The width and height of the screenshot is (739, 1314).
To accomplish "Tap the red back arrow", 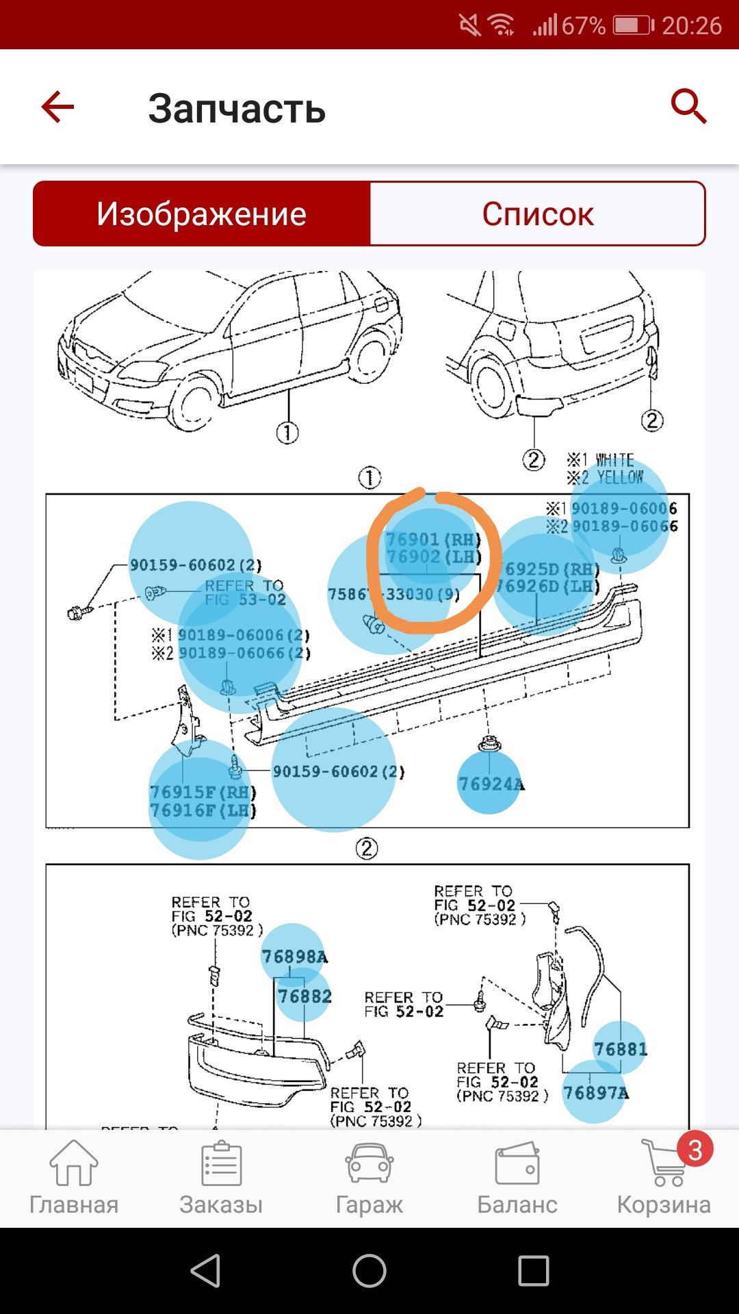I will coord(57,107).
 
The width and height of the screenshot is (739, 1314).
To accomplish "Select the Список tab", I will coord(537,214).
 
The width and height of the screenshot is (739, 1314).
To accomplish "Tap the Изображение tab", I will coord(201,214).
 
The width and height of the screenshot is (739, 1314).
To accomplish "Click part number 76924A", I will coord(490,784).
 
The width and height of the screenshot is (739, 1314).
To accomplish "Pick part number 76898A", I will coord(294,956).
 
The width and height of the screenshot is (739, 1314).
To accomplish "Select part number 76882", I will coord(304,996).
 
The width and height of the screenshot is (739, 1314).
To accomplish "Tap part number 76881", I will coord(620,1048).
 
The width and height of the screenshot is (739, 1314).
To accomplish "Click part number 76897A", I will coord(595,1093).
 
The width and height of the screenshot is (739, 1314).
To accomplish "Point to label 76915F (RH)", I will coord(203,792).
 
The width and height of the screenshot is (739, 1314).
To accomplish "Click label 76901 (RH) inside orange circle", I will coord(432,539).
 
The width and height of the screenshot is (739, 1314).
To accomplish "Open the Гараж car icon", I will coord(369,1163).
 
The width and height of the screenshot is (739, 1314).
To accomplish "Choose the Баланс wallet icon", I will coord(517,1163).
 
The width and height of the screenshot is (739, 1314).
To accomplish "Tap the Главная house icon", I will coord(74,1163).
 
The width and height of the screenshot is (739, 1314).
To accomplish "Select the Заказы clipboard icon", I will coord(221,1163).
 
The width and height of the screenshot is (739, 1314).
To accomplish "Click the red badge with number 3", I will coord(695,1150).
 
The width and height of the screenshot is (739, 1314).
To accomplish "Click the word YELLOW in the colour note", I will coord(620,477).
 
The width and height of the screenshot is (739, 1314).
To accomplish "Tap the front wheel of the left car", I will coord(195,404).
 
